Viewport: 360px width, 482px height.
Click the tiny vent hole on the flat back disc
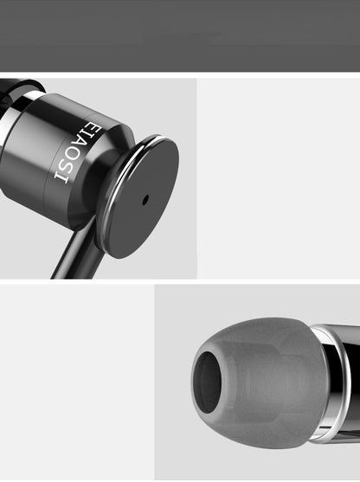[145, 199]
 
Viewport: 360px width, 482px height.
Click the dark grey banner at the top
[180, 35]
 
